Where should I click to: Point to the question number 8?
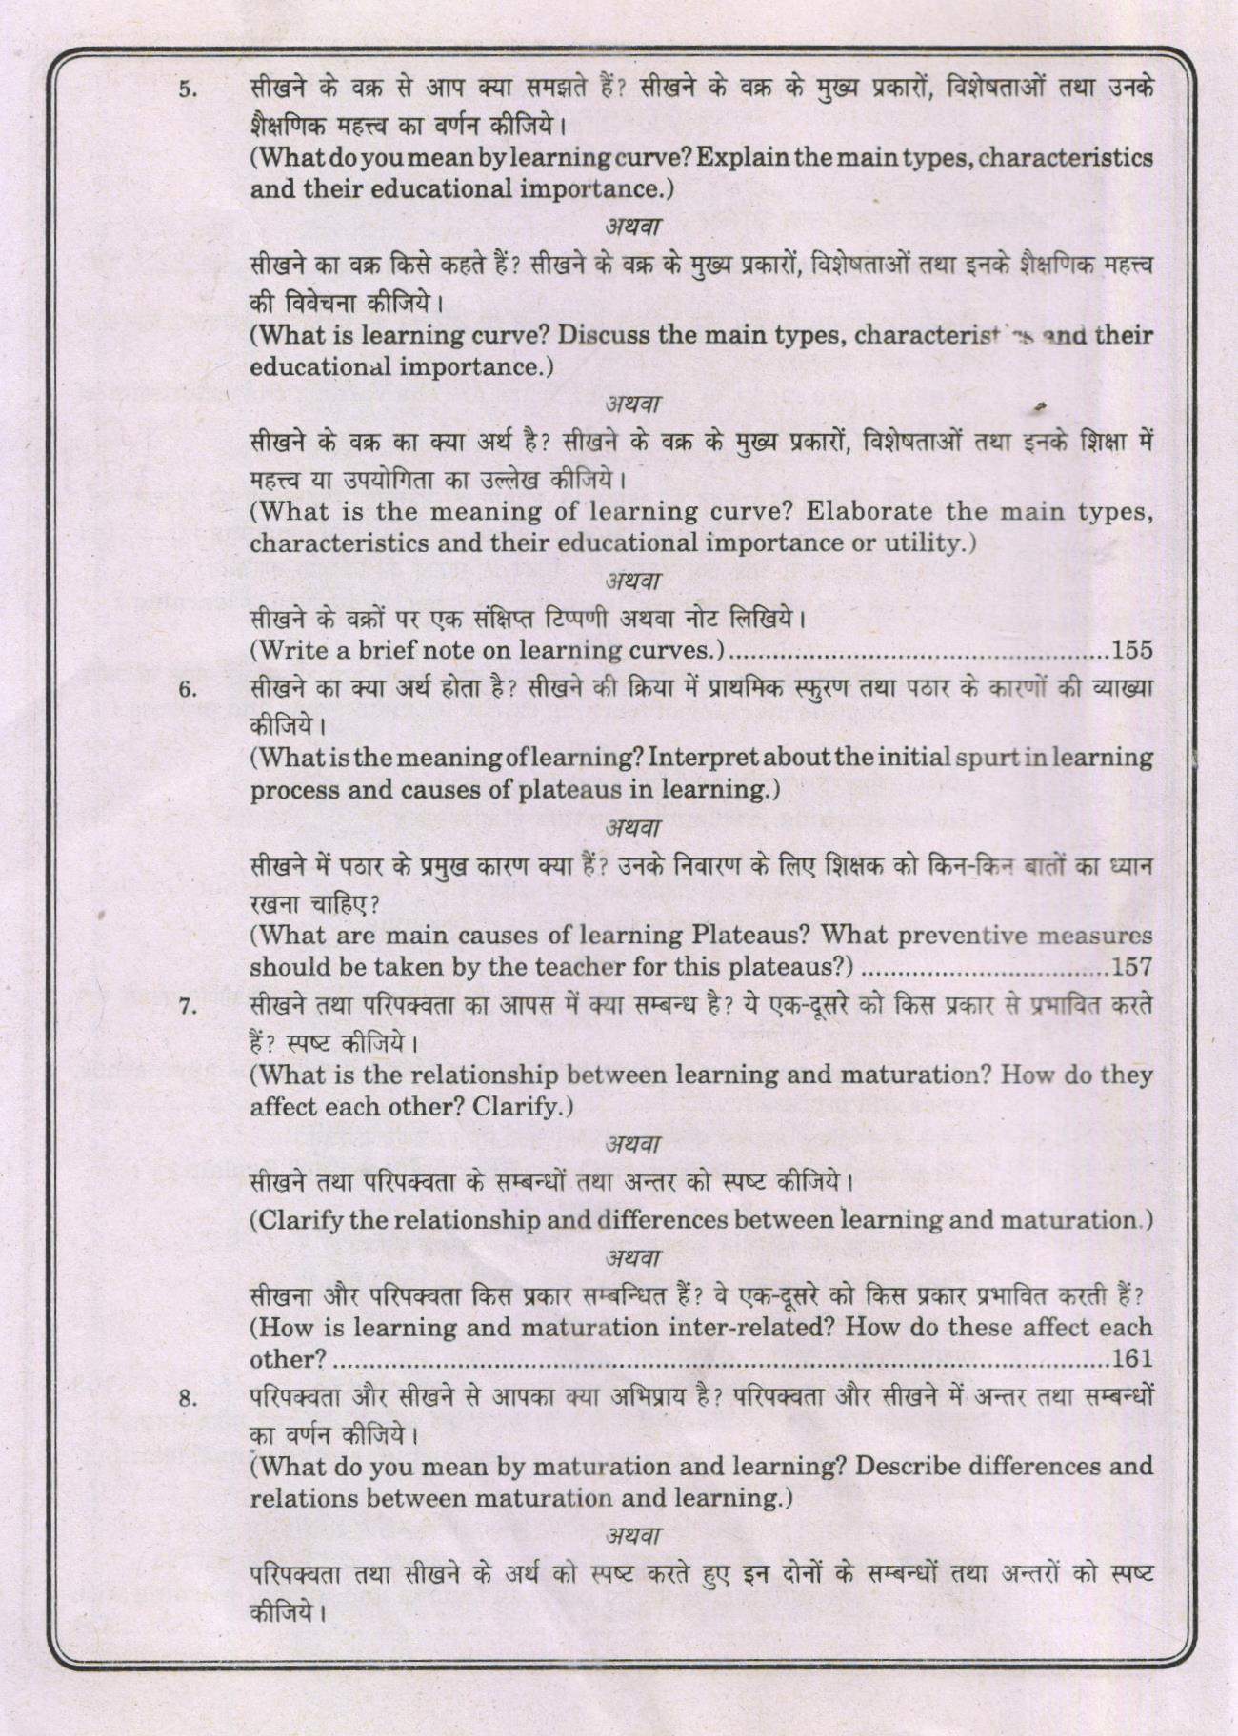[x=188, y=1399]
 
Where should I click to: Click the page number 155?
[x=1132, y=651]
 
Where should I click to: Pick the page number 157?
[x=1132, y=968]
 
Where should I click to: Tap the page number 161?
[x=1132, y=1358]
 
